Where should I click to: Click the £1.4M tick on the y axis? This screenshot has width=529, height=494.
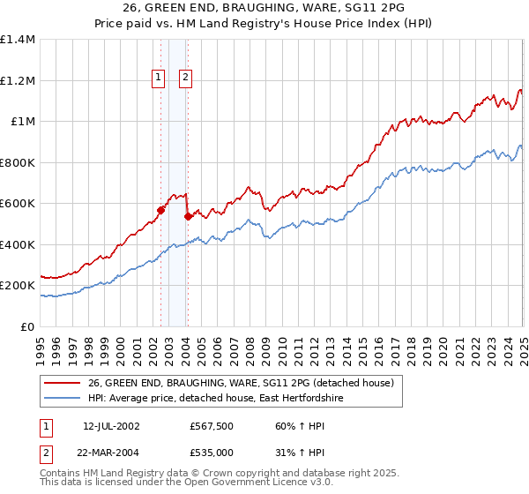coord(18,40)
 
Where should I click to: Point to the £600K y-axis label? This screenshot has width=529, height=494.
coord(18,204)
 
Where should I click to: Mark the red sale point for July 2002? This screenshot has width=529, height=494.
coord(161,210)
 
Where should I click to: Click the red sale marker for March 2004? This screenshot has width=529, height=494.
coord(188,216)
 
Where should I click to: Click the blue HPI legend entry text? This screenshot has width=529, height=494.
coord(215,399)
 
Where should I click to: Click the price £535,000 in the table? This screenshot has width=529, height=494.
coord(212,452)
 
